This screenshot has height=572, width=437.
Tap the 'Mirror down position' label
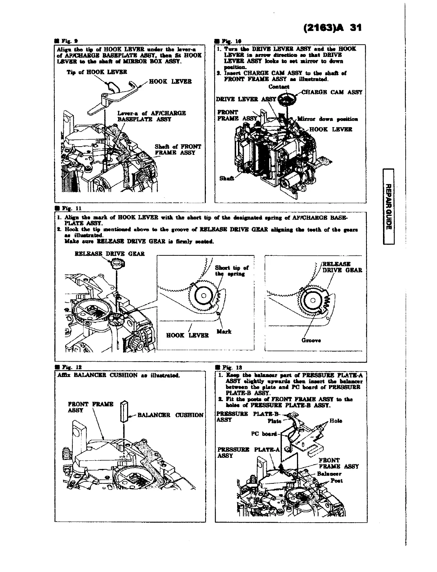click(x=327, y=119)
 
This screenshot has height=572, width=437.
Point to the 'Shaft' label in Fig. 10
click(x=226, y=178)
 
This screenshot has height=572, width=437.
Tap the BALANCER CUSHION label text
click(x=170, y=415)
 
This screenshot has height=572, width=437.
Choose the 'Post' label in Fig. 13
click(x=336, y=481)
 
